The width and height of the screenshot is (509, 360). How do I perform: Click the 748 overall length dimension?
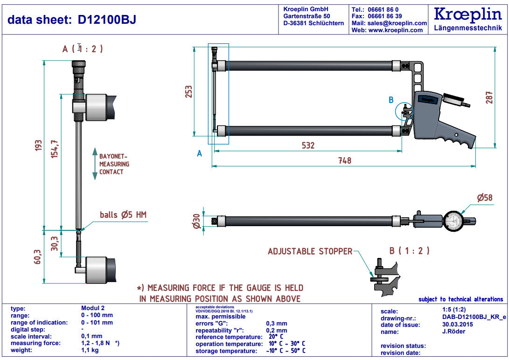click(344, 160)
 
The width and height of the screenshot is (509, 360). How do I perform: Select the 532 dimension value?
click(308, 145)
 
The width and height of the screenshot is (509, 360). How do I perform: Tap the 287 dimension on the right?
click(489, 97)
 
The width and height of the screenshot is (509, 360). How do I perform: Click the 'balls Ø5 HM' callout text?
click(123, 215)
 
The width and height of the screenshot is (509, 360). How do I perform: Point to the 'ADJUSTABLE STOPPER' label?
click(310, 251)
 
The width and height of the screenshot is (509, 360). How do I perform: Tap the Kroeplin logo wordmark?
click(467, 14)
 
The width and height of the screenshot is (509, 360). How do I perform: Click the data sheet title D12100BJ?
click(72, 20)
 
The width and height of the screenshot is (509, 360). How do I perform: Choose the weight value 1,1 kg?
click(91, 350)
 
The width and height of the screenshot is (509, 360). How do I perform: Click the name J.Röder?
click(447, 332)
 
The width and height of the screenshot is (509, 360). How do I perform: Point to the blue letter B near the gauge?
click(391, 100)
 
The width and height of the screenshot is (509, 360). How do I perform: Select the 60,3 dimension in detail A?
click(38, 256)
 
